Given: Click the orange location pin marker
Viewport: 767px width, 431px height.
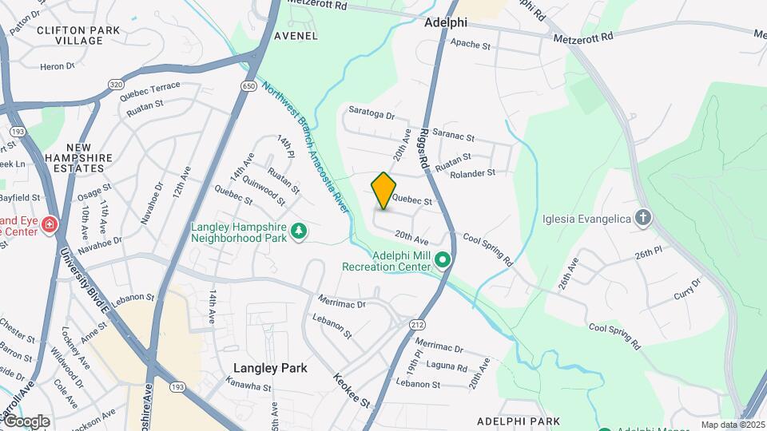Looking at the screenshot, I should click(x=383, y=191).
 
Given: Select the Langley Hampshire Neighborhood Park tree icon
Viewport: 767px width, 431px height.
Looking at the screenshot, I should click(x=300, y=231).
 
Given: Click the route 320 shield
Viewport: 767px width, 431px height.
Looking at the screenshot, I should click(x=117, y=83).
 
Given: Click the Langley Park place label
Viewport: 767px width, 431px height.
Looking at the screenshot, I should click(x=270, y=368).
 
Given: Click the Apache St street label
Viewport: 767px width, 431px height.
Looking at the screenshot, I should click(x=471, y=46).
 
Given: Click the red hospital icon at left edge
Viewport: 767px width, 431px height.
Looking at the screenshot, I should click(x=50, y=225).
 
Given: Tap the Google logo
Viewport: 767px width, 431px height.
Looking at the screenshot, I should click(x=26, y=421).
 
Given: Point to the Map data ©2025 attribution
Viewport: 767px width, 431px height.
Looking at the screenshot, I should click(x=733, y=425).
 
